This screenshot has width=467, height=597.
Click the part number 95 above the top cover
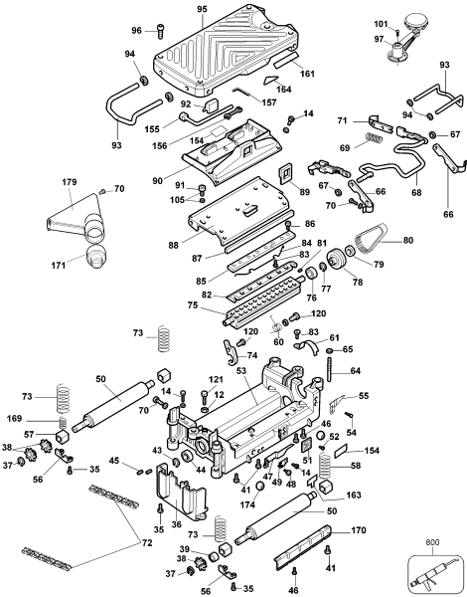[201, 9]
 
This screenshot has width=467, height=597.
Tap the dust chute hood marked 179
[78, 218]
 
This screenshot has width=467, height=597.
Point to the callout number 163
[356, 495]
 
